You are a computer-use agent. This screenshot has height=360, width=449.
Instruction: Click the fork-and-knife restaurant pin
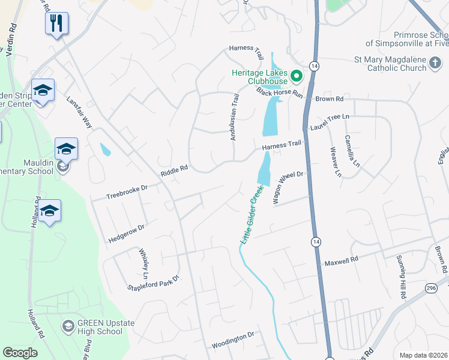pos(56,24)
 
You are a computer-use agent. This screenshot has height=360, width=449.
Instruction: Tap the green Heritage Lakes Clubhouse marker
pos(296,76)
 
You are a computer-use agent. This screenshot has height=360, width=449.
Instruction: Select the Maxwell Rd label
pos(341,261)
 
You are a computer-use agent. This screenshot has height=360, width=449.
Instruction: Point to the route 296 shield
pos(431,289)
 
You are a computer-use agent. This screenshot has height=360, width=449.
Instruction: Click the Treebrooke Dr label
pos(127,192)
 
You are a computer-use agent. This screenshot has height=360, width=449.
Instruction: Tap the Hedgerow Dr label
pos(127,233)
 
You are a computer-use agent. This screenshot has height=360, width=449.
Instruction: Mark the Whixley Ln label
pos(143,263)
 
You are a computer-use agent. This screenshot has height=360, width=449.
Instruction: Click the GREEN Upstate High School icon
pos(68,326)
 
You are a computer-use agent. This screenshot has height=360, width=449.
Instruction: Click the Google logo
pos(20,353)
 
